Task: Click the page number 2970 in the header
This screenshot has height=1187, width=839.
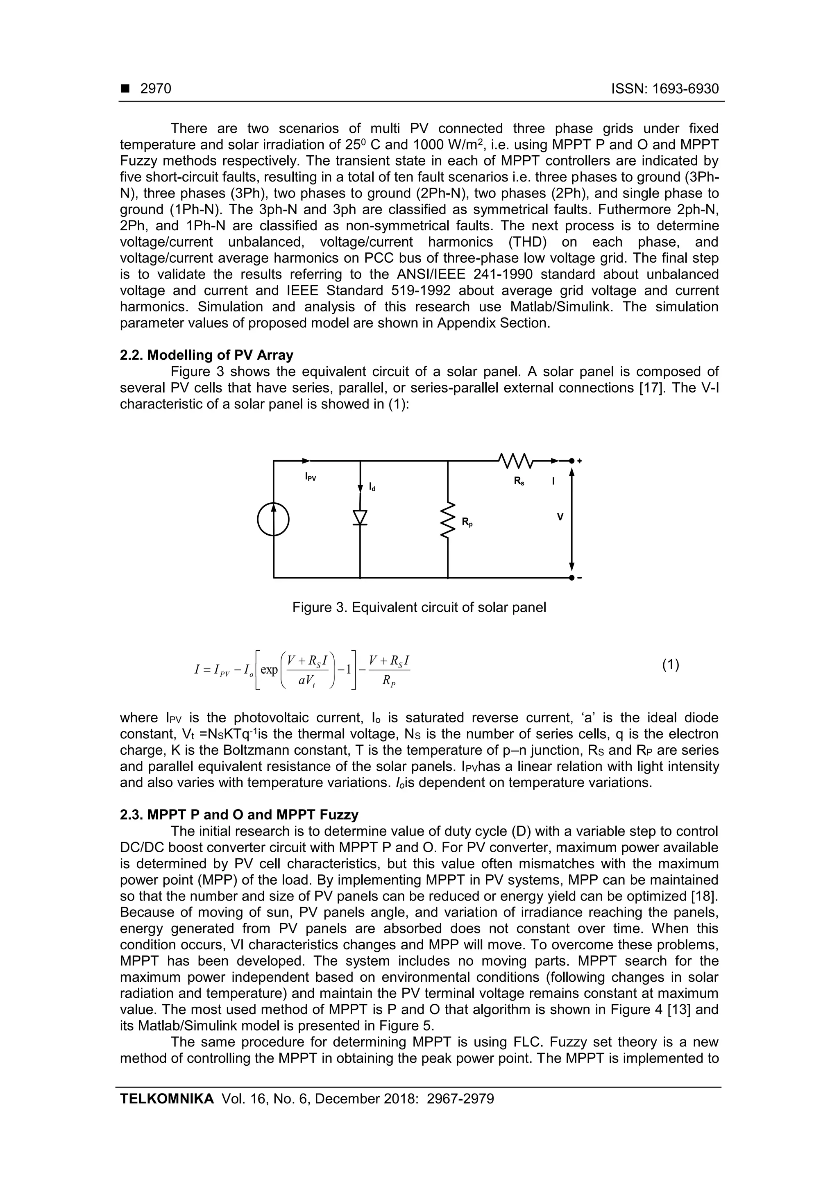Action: tap(156, 89)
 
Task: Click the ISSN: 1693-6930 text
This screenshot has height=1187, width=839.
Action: tap(665, 89)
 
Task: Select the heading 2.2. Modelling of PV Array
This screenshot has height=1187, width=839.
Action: tap(206, 355)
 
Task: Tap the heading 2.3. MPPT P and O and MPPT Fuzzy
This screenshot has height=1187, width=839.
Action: tap(239, 815)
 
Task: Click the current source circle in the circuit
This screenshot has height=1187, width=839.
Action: tap(274, 520)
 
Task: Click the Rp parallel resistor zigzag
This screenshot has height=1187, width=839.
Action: tap(448, 520)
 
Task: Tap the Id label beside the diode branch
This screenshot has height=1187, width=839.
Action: tap(372, 487)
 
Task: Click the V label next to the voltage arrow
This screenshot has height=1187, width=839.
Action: tap(560, 517)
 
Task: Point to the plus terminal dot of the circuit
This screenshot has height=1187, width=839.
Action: tap(571, 460)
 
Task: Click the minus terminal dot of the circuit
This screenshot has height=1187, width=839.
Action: tap(571, 577)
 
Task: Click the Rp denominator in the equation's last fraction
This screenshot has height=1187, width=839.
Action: tap(389, 681)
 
